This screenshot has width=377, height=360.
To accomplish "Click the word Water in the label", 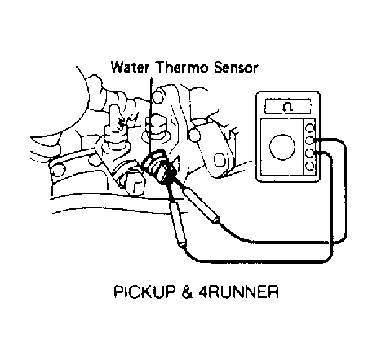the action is pos(130,67).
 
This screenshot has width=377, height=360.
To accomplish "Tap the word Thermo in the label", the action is pos(181,67).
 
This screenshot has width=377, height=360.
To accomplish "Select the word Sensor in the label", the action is pos(235,68).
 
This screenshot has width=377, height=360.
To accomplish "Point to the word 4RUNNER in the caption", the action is pos(238,291).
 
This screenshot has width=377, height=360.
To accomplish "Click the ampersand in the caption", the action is pos(187,291).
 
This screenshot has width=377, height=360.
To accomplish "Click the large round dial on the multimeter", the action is pos(282,147).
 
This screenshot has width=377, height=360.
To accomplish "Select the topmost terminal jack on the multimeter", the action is pos(309,127).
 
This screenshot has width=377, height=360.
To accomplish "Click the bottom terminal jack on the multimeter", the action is pos(309,166).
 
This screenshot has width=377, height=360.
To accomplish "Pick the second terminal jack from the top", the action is pos(309,140).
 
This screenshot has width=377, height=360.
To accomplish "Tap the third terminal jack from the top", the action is pos(309,153).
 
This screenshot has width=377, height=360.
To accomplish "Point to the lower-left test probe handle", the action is pos(177,224).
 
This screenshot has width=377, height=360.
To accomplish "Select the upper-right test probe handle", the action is pos(201,207).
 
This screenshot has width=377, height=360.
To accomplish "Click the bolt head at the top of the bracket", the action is pos(158,97).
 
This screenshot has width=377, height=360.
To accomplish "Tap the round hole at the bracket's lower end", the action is pos(219,160).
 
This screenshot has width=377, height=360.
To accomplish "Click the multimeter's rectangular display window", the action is pos(288,107).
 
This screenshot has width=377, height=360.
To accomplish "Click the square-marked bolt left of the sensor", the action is pos(135,185).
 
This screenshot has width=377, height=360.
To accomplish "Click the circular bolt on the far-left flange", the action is pos(58,171).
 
